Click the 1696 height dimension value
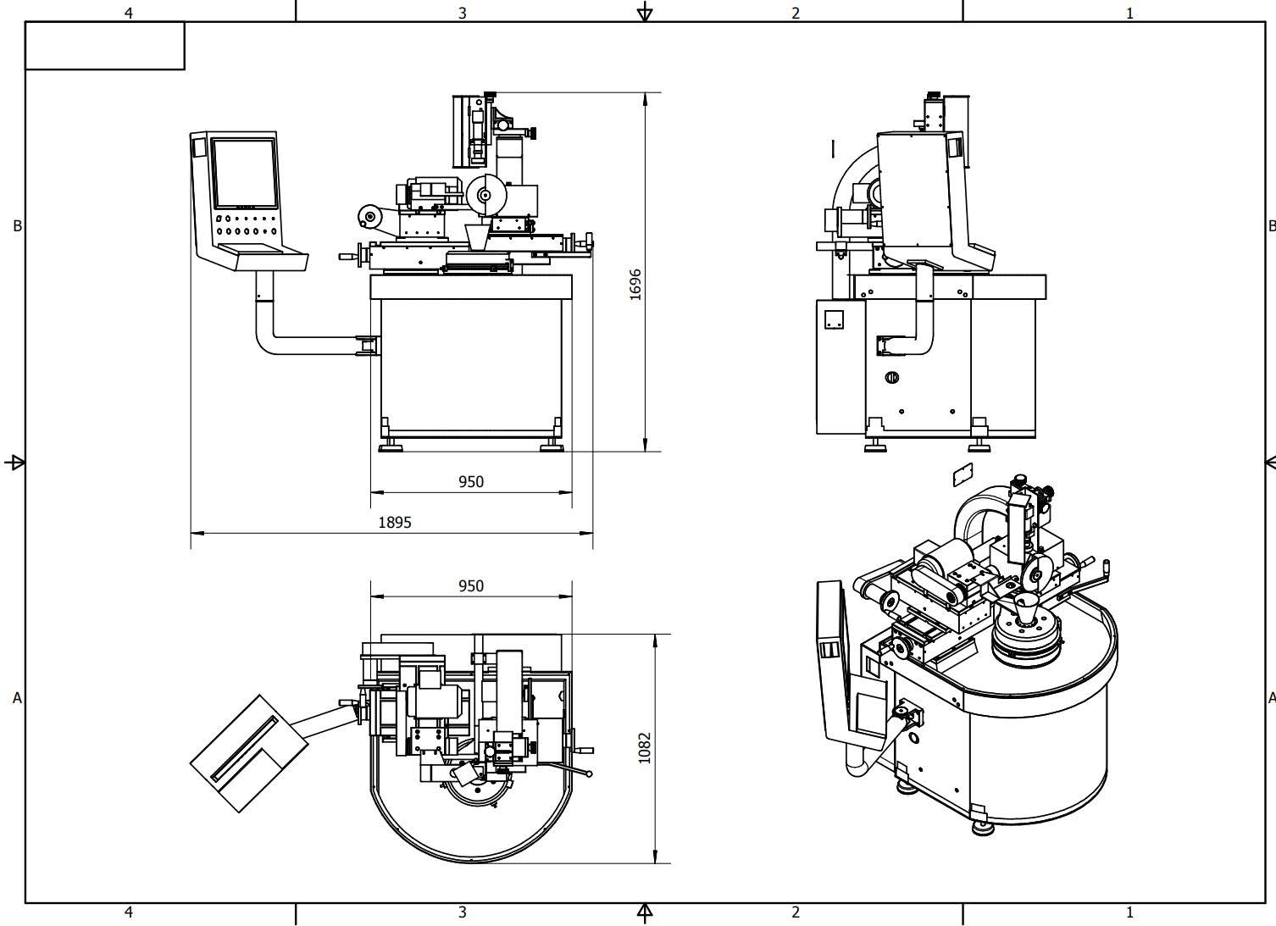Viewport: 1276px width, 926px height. click(635, 284)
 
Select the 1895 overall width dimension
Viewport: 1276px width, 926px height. click(395, 522)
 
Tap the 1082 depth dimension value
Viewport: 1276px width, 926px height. click(645, 747)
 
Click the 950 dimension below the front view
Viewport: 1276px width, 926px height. click(470, 481)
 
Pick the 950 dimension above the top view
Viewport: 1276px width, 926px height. click(470, 585)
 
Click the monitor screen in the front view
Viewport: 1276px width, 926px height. click(244, 174)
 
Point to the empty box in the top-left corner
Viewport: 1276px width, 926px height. click(105, 46)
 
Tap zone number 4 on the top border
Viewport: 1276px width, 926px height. click(129, 13)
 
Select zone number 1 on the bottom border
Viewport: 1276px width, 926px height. click(1129, 912)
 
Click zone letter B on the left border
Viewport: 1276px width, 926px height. click(17, 226)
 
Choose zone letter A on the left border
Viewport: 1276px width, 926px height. click(17, 698)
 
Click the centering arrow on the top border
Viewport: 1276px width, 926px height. click(645, 12)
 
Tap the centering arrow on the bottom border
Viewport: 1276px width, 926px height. click(645, 912)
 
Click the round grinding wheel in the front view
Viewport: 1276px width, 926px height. click(485, 195)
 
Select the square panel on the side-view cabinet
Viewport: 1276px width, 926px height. click(834, 320)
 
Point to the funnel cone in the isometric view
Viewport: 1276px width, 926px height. click(1028, 609)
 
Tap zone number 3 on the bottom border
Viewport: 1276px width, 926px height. click(463, 912)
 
